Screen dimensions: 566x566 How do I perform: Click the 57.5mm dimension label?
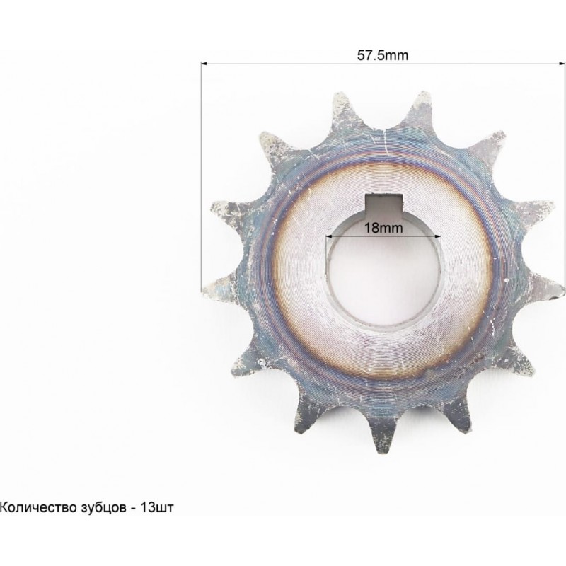pyautogui.click(x=383, y=55)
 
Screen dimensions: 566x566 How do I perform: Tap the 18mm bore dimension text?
pyautogui.click(x=383, y=228)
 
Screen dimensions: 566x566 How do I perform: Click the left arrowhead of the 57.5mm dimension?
pyautogui.click(x=204, y=64)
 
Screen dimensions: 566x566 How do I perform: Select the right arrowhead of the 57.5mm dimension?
pyautogui.click(x=562, y=64)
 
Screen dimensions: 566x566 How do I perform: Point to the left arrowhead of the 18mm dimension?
pyautogui.click(x=329, y=237)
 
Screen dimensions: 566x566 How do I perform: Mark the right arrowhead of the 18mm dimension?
pyautogui.click(x=438, y=237)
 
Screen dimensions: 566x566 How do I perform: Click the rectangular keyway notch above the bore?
pyautogui.click(x=383, y=206)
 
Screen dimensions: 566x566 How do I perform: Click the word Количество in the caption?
pyautogui.click(x=37, y=507)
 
